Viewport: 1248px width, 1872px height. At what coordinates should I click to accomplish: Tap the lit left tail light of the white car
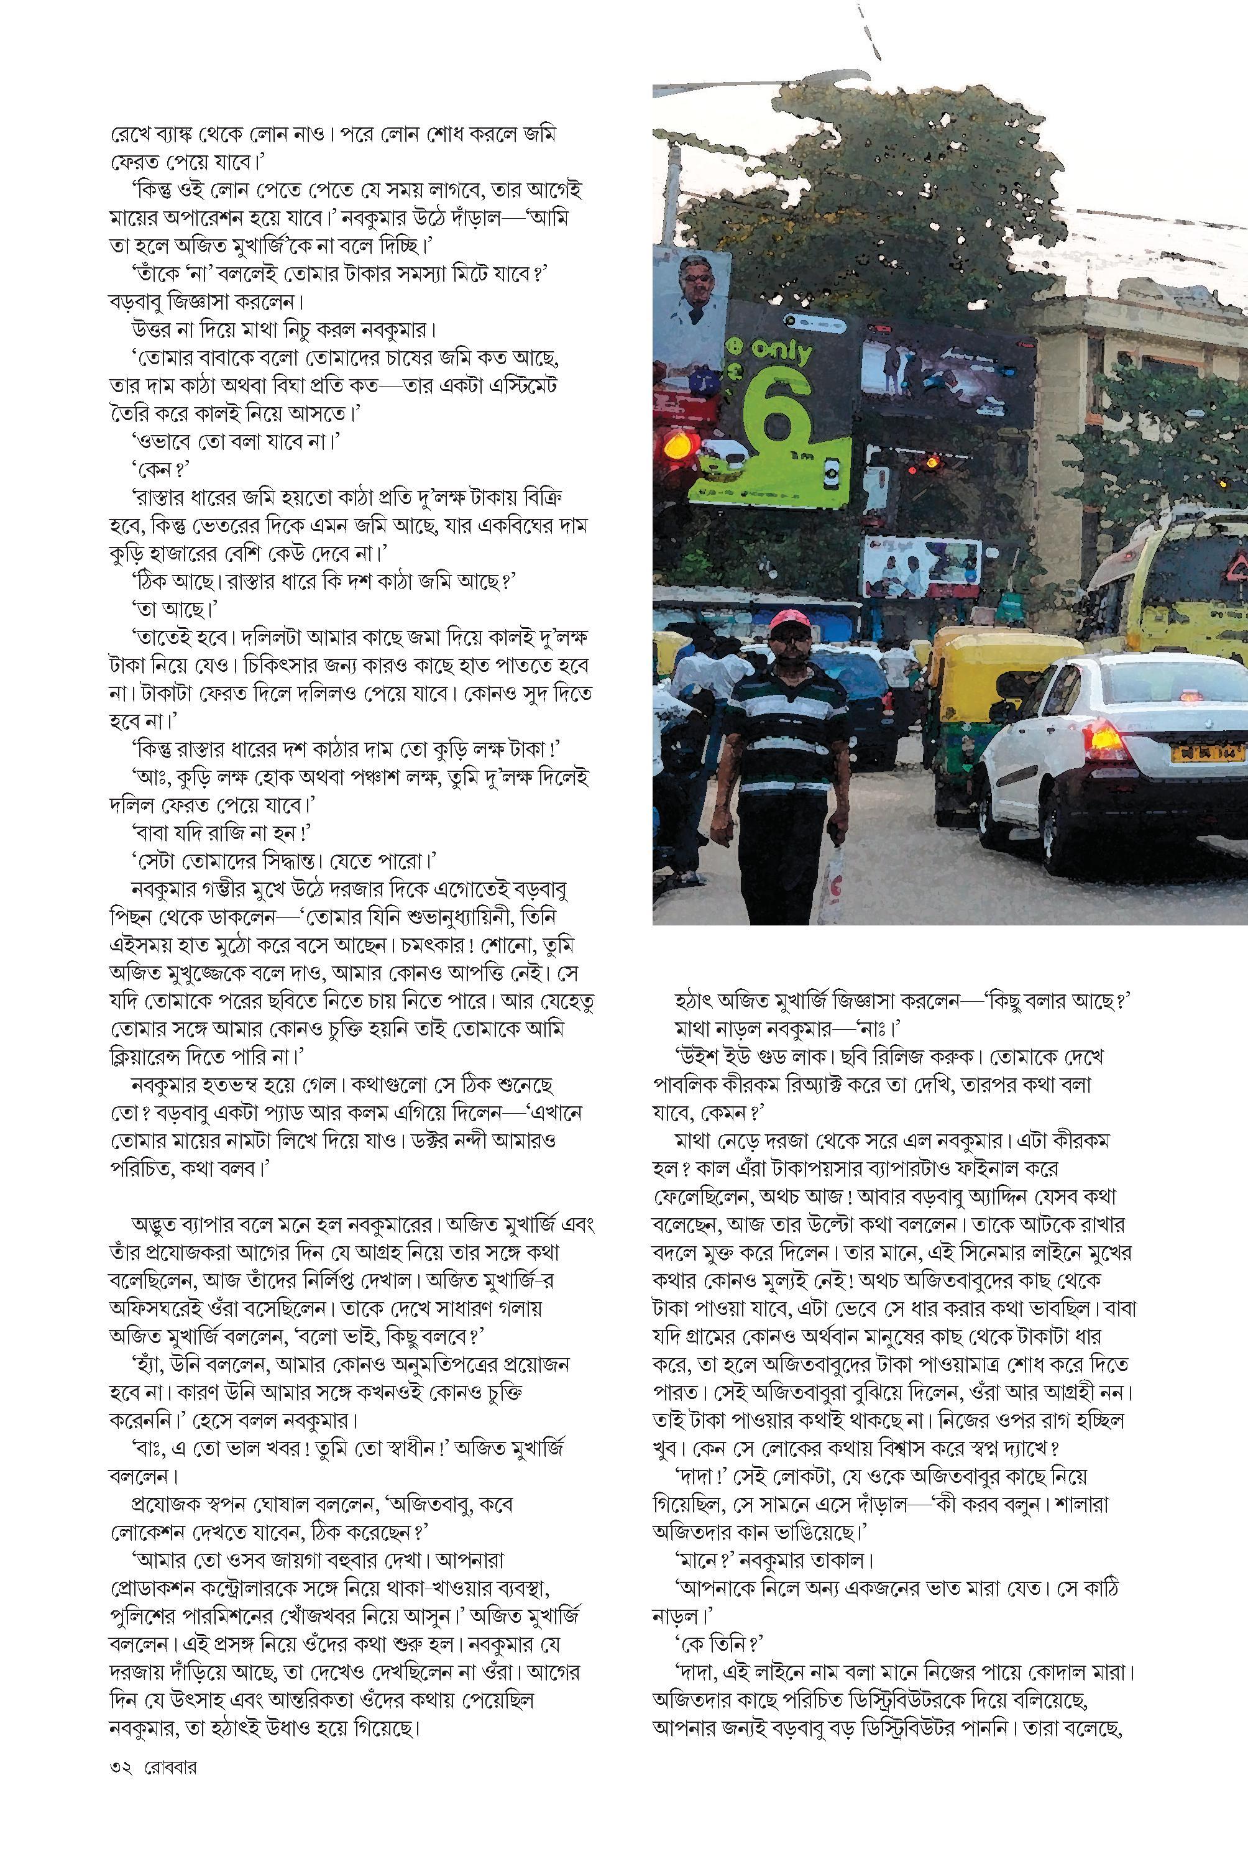click(1107, 742)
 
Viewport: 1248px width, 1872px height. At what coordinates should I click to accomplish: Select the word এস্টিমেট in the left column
click(516, 385)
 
